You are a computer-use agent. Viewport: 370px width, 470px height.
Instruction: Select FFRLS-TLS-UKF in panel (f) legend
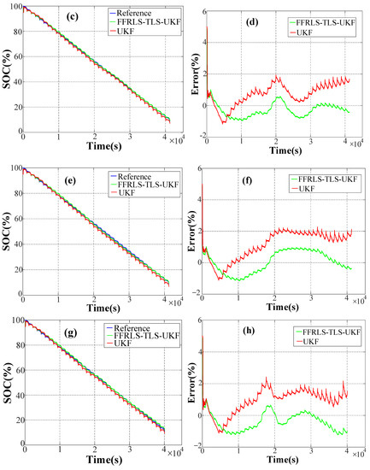pyautogui.click(x=325, y=178)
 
